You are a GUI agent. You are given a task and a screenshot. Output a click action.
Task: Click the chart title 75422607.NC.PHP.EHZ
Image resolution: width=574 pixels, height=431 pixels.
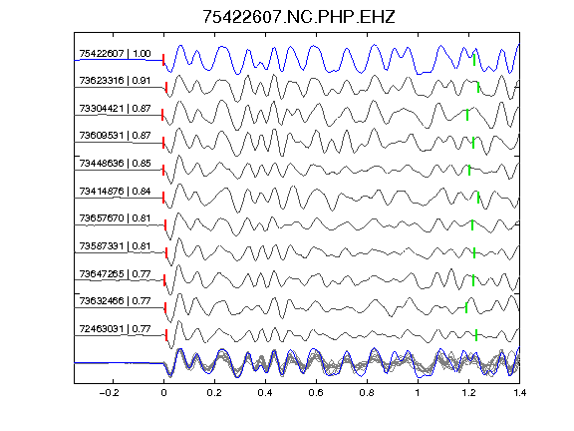[x=299, y=17]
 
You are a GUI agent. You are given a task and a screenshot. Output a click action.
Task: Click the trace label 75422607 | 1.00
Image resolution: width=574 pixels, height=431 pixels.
[x=115, y=54]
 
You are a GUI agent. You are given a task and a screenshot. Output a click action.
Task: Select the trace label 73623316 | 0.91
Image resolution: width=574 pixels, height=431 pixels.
[x=115, y=81]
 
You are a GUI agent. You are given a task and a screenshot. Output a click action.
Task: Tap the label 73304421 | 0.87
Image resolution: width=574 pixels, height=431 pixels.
[x=115, y=109]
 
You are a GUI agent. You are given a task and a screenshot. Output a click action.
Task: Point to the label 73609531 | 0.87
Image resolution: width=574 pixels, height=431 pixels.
[x=115, y=136]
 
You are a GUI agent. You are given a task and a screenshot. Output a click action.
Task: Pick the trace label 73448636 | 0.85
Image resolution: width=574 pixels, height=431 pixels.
[x=115, y=163]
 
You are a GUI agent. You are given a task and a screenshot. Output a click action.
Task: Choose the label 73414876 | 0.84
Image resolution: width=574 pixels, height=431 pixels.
[x=115, y=192]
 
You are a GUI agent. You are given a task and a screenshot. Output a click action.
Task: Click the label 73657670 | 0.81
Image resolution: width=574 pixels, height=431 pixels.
[x=115, y=218]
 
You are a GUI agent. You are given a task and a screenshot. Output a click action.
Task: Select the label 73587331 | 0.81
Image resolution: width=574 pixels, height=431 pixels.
[x=115, y=245]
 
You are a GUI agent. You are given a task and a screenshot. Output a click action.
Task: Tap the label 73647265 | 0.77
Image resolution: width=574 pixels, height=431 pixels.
[x=115, y=274]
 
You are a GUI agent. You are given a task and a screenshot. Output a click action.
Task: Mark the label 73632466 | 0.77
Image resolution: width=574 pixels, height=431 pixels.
[x=115, y=301]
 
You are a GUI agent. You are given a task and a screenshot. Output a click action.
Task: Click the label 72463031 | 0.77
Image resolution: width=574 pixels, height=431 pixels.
[x=115, y=329]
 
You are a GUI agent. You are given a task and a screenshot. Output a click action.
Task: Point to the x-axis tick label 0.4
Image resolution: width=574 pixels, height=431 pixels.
[x=265, y=393]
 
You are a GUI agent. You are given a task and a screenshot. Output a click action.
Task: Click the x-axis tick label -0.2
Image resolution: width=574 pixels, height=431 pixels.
[x=109, y=393]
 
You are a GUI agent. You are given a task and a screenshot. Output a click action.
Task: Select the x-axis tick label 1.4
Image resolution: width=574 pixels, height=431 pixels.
[x=520, y=393]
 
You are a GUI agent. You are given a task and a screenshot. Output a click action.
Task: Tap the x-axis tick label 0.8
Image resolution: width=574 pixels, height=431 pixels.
[x=367, y=393]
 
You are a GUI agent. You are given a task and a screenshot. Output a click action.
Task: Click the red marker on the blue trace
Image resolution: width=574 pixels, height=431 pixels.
[x=163, y=60]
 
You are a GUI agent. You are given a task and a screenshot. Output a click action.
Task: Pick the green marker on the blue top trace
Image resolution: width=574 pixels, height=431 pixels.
[x=474, y=60]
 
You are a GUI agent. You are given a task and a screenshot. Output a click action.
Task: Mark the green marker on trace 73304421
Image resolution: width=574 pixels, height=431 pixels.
[x=467, y=115]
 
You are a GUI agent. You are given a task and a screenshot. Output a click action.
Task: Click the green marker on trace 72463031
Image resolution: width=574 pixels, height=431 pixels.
[x=476, y=335]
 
